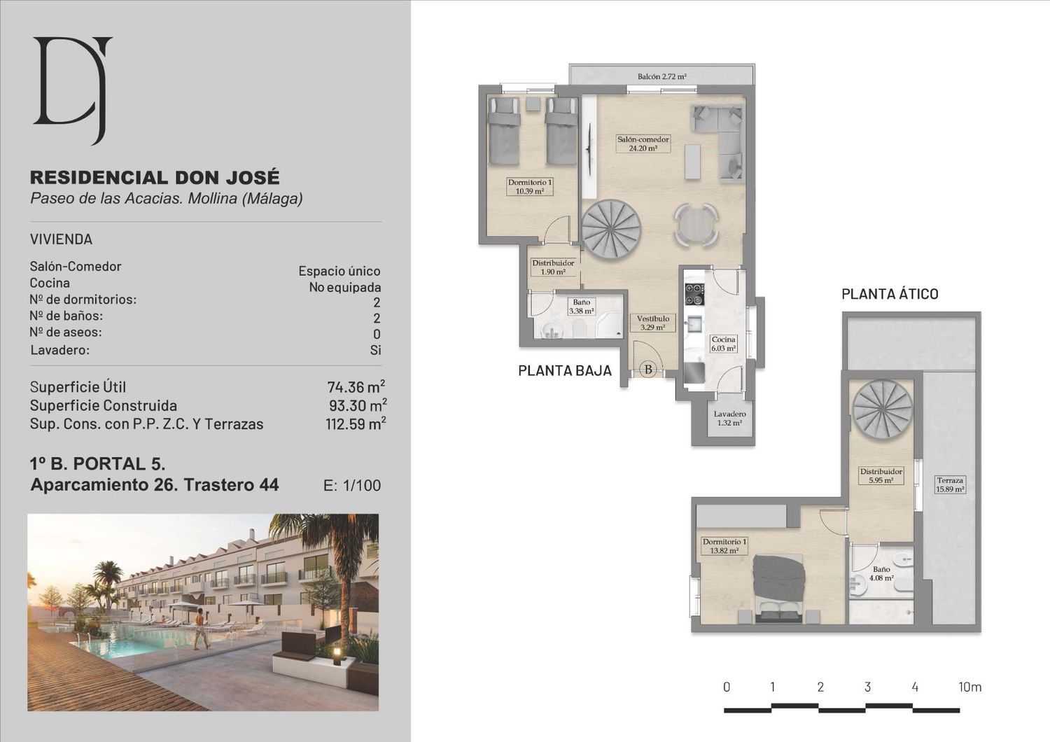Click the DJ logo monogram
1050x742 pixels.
pyautogui.click(x=73, y=89)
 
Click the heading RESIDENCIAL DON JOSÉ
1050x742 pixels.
pyautogui.click(x=155, y=178)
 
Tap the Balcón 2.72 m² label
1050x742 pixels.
pyautogui.click(x=662, y=76)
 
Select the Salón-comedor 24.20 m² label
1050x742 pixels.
pyautogui.click(x=643, y=144)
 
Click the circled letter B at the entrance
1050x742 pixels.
pyautogui.click(x=648, y=370)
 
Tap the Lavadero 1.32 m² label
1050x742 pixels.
pyautogui.click(x=729, y=419)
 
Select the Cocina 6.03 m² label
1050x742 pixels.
pyautogui.click(x=723, y=344)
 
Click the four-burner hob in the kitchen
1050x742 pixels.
pyautogui.click(x=694, y=295)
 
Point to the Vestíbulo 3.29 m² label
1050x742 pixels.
pyautogui.click(x=653, y=323)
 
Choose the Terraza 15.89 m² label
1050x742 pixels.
pyautogui.click(x=950, y=484)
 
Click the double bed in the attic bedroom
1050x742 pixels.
pyautogui.click(x=778, y=588)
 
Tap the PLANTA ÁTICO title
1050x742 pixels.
pyautogui.click(x=890, y=294)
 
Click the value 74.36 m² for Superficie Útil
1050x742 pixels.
pyautogui.click(x=356, y=386)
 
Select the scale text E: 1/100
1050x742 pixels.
pyautogui.click(x=351, y=485)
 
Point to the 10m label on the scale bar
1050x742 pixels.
pyautogui.click(x=969, y=687)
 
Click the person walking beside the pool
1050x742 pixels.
pyautogui.click(x=202, y=629)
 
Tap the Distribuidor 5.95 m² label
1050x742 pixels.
pyautogui.click(x=881, y=476)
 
